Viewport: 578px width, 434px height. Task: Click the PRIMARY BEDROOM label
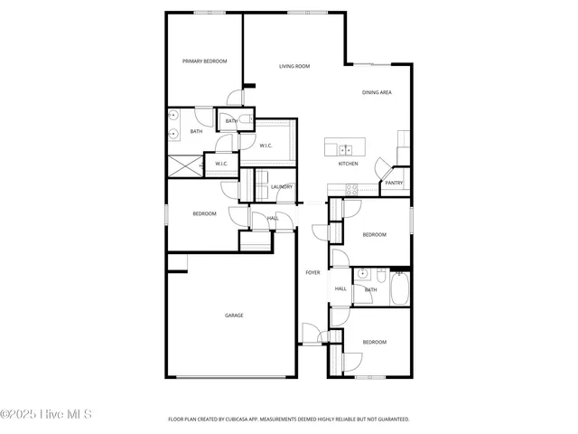204,61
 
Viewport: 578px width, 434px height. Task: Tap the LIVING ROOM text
294,66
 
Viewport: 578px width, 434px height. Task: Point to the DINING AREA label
377,92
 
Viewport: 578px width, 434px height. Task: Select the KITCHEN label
348,164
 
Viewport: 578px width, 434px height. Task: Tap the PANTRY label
394,183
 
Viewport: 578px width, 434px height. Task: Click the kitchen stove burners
352,189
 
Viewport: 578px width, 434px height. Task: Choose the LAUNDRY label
281,186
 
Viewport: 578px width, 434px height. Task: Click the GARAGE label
234,316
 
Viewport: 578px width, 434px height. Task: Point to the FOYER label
312,272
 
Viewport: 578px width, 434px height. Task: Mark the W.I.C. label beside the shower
220,164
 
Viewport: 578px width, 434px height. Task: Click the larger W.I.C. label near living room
266,146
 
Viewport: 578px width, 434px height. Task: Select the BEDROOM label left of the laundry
204,213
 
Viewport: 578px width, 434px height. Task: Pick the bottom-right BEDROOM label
374,342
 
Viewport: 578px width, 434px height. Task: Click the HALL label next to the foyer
340,289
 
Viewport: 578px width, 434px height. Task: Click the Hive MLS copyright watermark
47,415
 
